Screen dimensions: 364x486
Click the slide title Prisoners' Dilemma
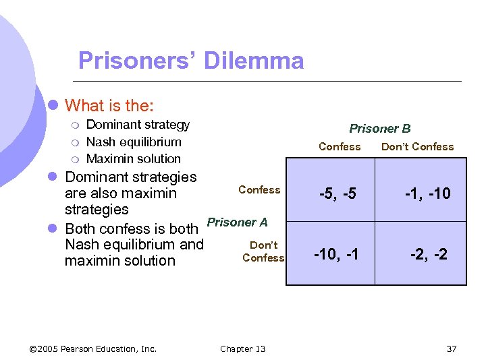191,61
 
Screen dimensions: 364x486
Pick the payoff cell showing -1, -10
427,194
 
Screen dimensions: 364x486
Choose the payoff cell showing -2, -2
429,254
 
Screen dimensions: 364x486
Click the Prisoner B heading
379,129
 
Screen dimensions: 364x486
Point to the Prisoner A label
237,222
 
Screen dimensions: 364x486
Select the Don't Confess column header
417,147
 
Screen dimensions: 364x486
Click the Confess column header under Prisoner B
340,147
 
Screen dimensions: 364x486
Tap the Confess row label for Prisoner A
259,190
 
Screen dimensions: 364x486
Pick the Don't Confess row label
263,251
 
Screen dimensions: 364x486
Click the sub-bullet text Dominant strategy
138,125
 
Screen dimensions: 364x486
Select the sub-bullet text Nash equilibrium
134,142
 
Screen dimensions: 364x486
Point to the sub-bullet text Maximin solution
134,159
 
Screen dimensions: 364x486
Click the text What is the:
109,106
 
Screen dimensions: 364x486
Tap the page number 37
452,348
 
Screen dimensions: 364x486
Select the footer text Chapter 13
242,348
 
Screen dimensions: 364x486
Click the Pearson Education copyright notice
93,348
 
